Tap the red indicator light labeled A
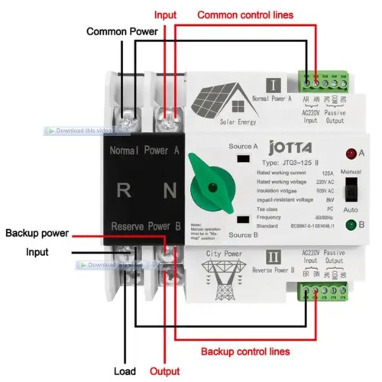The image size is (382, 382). pyautogui.click(x=351, y=154)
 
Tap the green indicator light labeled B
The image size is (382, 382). pyautogui.click(x=351, y=225)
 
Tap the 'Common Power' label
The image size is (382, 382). pyautogui.click(x=121, y=32)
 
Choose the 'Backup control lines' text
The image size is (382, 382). pyautogui.click(x=245, y=351)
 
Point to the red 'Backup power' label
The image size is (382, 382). pyautogui.click(x=39, y=232)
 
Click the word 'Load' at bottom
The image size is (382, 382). pyautogui.click(x=125, y=371)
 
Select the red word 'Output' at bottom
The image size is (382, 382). pyautogui.click(x=164, y=371)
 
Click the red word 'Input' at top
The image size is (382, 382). pyautogui.click(x=166, y=15)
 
